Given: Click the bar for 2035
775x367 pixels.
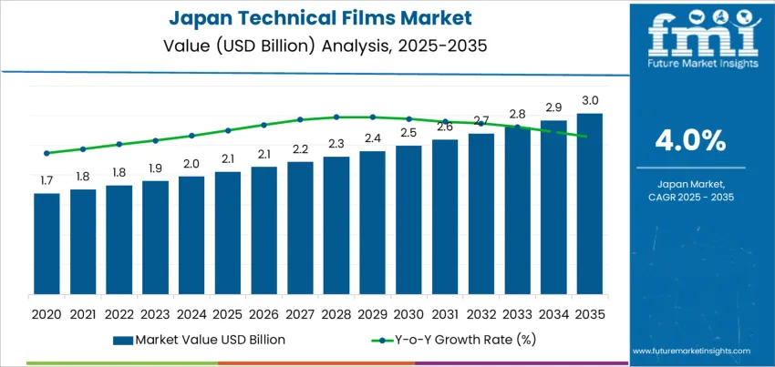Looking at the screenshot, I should point(589,204).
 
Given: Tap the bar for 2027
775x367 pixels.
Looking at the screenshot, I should point(300,228).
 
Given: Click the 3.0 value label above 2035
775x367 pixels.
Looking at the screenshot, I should point(590,100).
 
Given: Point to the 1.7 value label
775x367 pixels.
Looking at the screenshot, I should point(46,180).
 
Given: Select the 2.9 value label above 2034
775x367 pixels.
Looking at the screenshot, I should point(553,107).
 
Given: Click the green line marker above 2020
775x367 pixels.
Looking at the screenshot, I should point(46,153).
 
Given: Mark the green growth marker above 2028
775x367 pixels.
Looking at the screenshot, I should point(336,117).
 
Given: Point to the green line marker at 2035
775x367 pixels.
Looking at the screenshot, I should point(584,137).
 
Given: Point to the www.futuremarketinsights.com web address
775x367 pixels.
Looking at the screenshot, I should point(690,351).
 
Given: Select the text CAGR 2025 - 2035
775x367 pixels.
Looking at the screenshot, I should point(690,197).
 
